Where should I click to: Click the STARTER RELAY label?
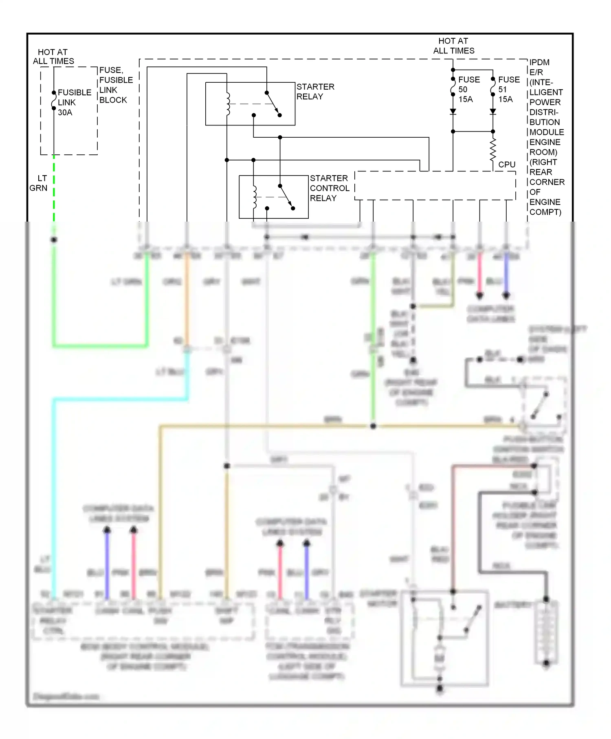click(315, 92)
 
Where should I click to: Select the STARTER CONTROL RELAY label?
click(329, 188)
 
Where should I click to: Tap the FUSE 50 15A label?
click(468, 89)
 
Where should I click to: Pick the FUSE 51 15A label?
click(508, 89)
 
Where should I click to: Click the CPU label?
click(507, 165)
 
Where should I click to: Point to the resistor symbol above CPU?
click(493, 150)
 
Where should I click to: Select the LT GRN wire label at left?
click(39, 183)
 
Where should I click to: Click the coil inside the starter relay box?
click(228, 104)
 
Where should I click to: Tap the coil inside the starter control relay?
click(255, 197)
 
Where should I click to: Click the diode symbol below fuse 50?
click(453, 112)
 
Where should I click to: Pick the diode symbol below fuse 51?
click(493, 112)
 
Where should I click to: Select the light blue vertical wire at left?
click(54, 489)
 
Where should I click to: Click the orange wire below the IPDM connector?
click(187, 301)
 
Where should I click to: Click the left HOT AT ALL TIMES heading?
click(53, 57)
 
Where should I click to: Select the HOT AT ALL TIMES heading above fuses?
click(453, 46)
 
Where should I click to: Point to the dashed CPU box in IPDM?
click(435, 186)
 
